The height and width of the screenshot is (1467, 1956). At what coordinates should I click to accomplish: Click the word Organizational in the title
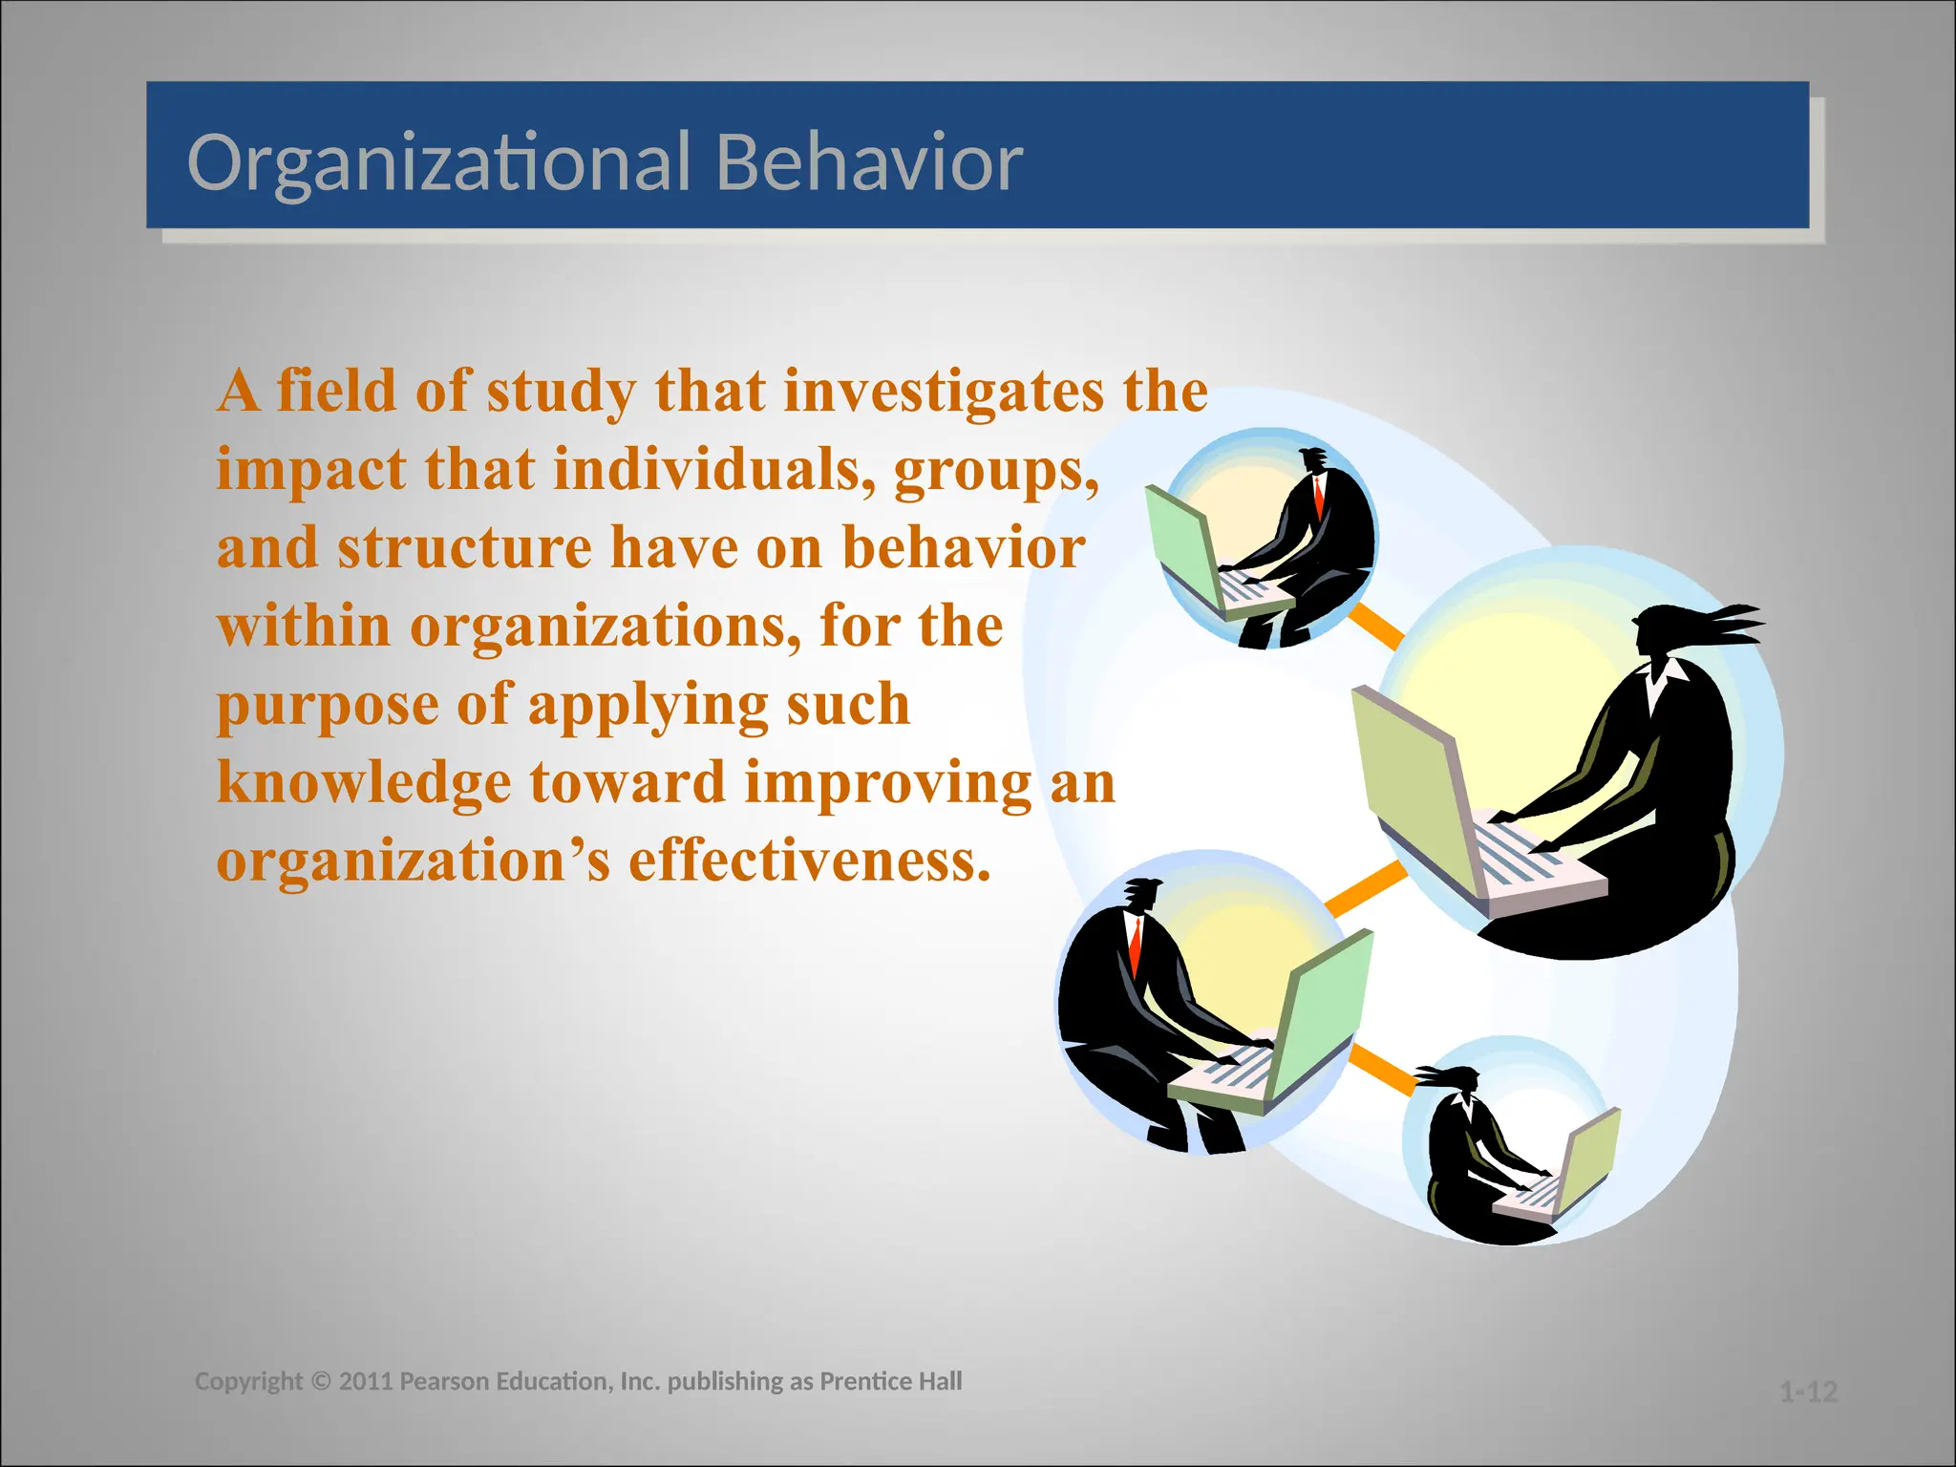[438, 162]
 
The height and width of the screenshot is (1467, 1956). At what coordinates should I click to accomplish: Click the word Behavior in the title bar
[869, 162]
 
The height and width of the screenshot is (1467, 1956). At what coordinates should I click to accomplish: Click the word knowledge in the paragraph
[364, 783]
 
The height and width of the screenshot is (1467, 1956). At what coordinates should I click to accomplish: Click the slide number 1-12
[1808, 1392]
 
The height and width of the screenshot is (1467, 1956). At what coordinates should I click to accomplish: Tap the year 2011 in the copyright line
[366, 1381]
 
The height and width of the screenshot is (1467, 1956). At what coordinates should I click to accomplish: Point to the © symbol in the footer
[320, 1381]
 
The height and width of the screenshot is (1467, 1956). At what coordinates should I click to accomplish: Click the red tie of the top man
[1319, 496]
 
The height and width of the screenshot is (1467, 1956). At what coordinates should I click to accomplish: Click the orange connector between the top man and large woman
[1375, 627]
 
